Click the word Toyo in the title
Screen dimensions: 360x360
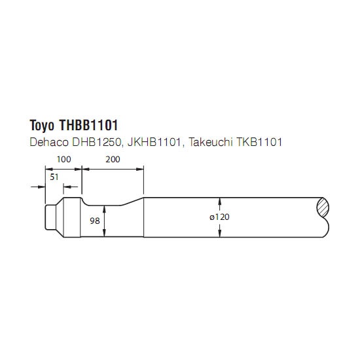click(x=43, y=126)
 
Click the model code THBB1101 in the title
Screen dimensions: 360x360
click(x=88, y=125)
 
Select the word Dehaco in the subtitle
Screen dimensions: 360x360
click(x=49, y=142)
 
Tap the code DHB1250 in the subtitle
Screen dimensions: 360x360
click(x=96, y=142)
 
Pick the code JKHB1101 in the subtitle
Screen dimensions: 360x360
click(x=154, y=142)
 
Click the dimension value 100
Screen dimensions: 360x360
click(x=64, y=159)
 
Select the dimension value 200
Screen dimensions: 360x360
click(x=113, y=159)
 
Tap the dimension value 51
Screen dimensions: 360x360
click(x=54, y=177)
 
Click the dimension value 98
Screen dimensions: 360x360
click(x=95, y=221)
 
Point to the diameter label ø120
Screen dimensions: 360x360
click(x=219, y=217)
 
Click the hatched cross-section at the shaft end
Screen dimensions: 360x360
click(x=323, y=207)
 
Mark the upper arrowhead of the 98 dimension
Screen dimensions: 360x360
click(x=105, y=209)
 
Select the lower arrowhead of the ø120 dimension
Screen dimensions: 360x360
click(x=220, y=234)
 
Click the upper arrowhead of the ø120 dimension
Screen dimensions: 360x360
click(x=220, y=201)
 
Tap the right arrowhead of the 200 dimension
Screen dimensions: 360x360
click(x=140, y=170)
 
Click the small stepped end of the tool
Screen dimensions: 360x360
click(x=51, y=217)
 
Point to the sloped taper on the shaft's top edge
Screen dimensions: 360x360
click(x=132, y=202)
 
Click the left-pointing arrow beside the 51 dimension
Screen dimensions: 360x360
click(x=71, y=187)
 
